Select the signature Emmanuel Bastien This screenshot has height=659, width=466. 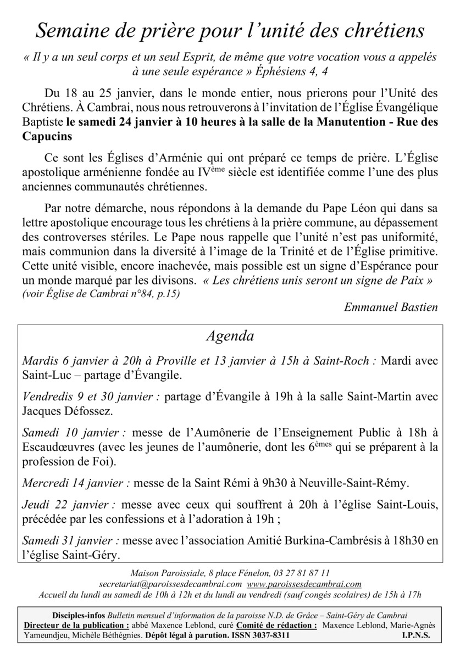pyautogui.click(x=391, y=307)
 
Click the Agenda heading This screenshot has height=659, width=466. pyautogui.click(x=230, y=336)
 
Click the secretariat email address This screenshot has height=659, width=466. pyautogui.click(x=169, y=584)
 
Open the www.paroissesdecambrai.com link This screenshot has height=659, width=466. pyautogui.click(x=304, y=584)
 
